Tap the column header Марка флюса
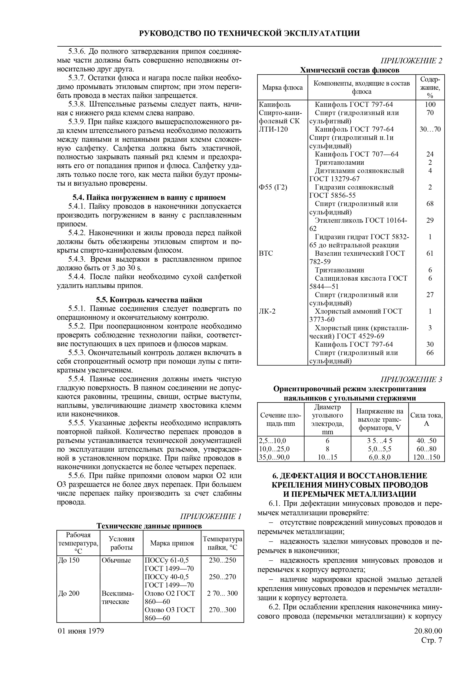tap(282, 87)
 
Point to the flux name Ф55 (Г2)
tap(273, 187)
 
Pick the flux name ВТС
tap(266, 253)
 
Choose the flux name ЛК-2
tap(267, 311)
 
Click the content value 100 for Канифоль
tap(430, 104)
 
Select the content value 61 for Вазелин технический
tap(430, 253)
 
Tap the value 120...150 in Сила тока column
tap(426, 457)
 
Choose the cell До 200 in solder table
tap(69, 593)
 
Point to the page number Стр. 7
tap(431, 640)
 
